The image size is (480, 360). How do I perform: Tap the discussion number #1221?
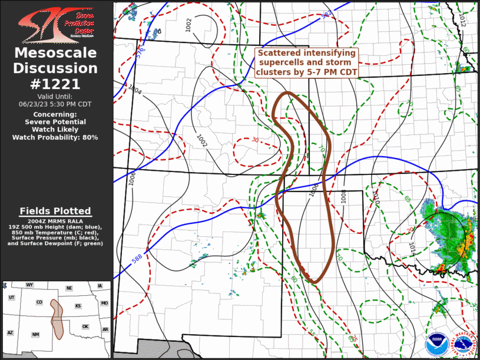(55, 84)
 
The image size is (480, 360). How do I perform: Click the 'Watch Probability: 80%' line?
(55, 137)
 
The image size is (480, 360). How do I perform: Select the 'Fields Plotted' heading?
(55, 211)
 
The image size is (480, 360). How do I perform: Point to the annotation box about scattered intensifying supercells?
(306, 62)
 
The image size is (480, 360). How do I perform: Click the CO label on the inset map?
(39, 302)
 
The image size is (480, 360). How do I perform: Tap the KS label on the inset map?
(78, 306)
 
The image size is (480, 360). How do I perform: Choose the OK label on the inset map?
(85, 326)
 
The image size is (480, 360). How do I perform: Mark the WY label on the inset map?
(29, 285)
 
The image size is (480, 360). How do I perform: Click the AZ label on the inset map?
(10, 333)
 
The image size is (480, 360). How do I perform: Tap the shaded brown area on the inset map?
(57, 318)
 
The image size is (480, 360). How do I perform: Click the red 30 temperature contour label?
(255, 140)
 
